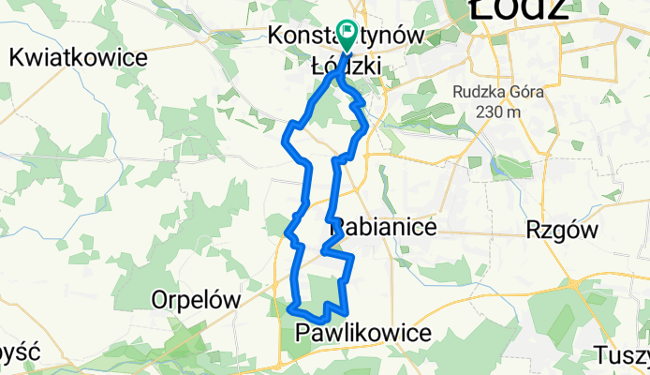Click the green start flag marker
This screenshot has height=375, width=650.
click(347, 36)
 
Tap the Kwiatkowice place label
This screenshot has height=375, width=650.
click(79, 58)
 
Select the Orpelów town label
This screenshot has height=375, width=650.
click(196, 301)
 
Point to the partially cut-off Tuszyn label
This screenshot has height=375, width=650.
click(622, 356)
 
